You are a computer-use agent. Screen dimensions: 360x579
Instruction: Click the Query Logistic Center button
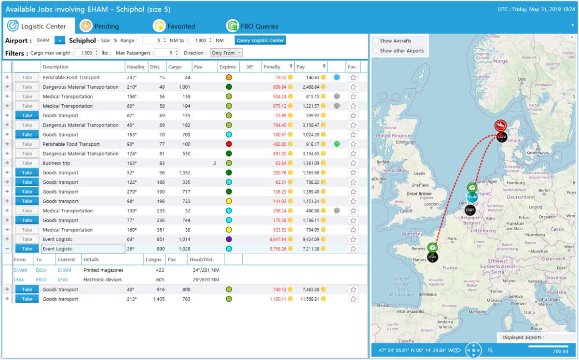coord(261,41)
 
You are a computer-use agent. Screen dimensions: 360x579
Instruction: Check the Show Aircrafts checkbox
coord(376,41)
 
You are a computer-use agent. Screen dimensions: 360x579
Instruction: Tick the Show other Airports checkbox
coord(376,51)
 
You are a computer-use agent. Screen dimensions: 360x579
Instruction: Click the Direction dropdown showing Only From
coord(226,53)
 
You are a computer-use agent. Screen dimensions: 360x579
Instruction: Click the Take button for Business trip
coord(27,163)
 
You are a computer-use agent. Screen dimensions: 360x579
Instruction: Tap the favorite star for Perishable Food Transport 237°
coord(353,77)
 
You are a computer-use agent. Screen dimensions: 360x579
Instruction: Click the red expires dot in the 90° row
coord(229,144)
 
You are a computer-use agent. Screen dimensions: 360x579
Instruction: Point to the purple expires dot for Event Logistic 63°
coord(229,239)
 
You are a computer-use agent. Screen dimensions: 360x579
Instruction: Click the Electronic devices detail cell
coord(102,280)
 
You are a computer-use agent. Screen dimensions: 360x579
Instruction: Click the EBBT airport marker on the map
coord(470,210)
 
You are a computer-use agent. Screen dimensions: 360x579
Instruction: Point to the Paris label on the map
coord(452,238)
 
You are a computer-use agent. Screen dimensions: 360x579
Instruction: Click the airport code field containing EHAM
coord(43,41)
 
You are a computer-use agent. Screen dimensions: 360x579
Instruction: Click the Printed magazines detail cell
coord(103,270)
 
